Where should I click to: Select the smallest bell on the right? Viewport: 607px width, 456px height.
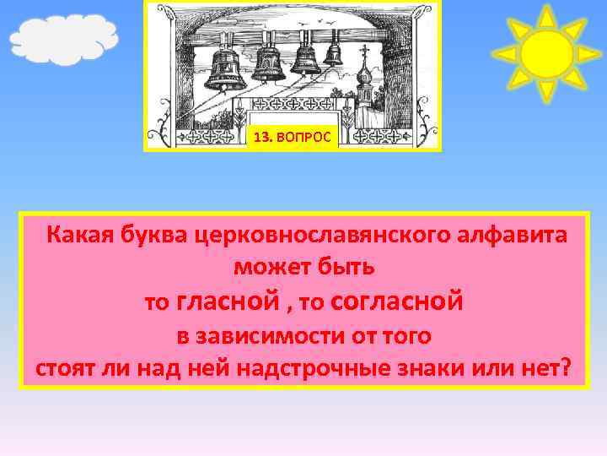[x=333, y=53]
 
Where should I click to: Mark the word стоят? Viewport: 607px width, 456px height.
[x=64, y=369]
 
